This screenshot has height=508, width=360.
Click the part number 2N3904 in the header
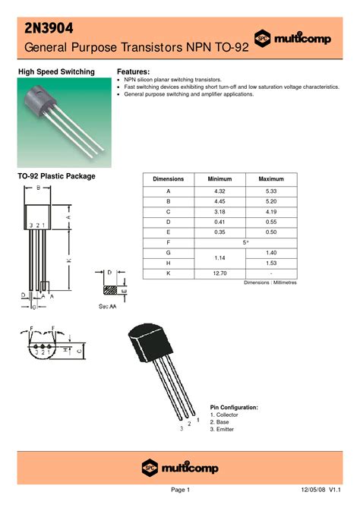pos(49,28)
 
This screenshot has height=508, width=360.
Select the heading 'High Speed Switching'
pos(56,72)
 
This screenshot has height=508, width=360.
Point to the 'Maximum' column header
pos(270,179)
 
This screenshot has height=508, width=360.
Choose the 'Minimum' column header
pos(219,179)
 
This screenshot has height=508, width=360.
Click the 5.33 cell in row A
pos(270,191)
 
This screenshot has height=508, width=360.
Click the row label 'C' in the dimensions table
pos(169,216)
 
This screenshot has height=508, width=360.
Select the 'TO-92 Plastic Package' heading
pos(56,176)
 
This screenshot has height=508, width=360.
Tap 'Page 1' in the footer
pos(179,491)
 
